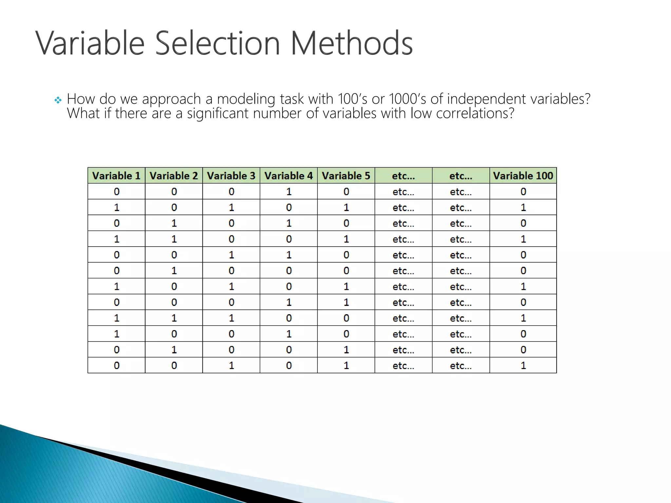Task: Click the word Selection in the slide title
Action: [217, 43]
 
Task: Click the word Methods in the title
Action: [352, 43]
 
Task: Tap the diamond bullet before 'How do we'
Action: [58, 100]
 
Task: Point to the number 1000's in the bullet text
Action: [408, 99]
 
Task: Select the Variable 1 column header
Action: [116, 176]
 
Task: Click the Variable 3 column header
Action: [231, 176]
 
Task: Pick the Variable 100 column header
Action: [523, 176]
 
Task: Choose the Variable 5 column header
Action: [346, 176]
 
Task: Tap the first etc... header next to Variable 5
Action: [403, 176]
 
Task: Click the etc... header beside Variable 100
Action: [461, 176]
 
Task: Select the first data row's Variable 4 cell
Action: [289, 192]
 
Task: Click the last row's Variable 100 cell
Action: [523, 365]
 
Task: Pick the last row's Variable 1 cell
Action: [116, 365]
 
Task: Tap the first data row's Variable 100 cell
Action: [523, 192]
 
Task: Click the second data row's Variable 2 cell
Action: [174, 208]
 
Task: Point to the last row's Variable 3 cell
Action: [231, 365]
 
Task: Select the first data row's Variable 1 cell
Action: [116, 192]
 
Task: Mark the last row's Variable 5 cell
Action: [346, 365]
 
